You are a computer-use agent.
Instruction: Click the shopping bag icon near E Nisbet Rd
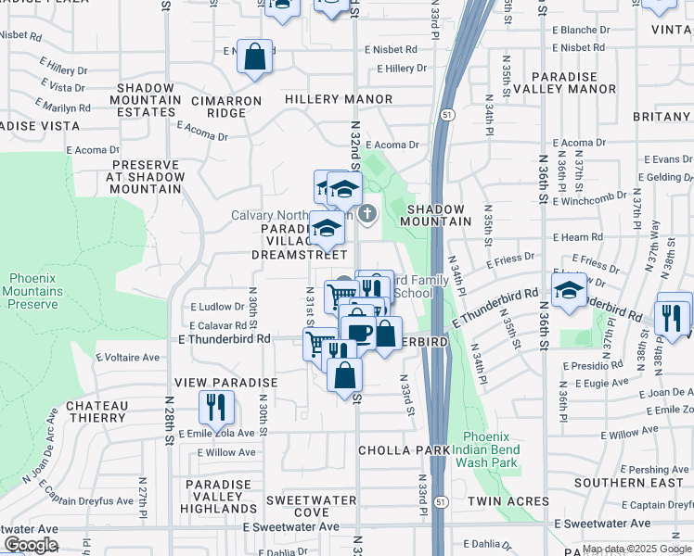click(254, 57)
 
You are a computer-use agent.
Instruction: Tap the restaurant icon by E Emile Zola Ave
click(216, 407)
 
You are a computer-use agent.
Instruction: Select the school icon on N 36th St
click(569, 291)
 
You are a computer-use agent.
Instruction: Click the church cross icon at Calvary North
click(367, 215)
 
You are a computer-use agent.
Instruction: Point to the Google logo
click(31, 545)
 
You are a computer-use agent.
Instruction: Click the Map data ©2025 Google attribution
click(637, 549)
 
